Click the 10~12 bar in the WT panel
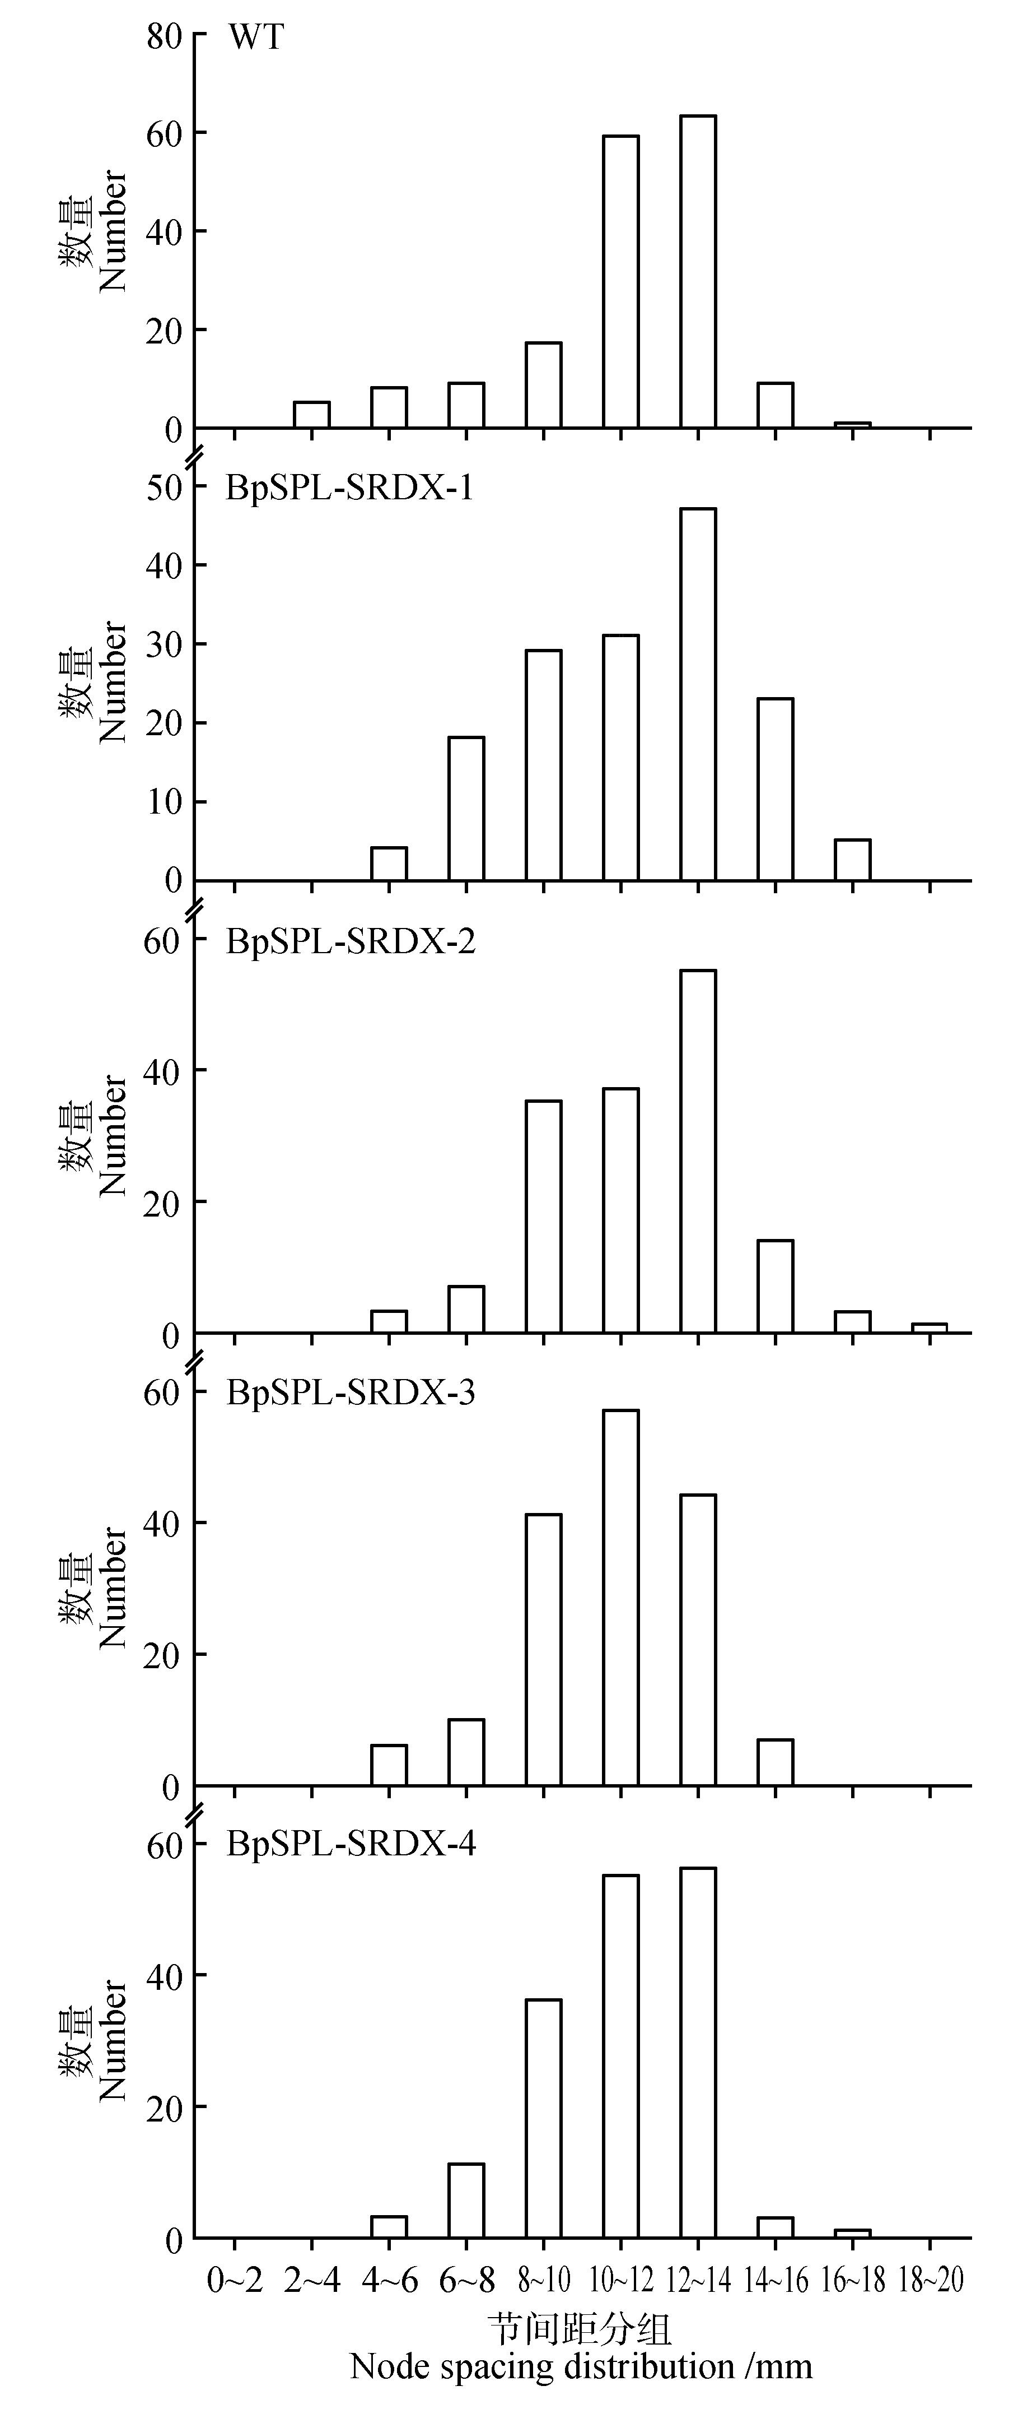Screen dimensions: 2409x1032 click(620, 282)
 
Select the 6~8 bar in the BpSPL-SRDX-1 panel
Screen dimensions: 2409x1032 click(466, 809)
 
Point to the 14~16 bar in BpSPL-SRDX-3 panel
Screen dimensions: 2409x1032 click(775, 1763)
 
